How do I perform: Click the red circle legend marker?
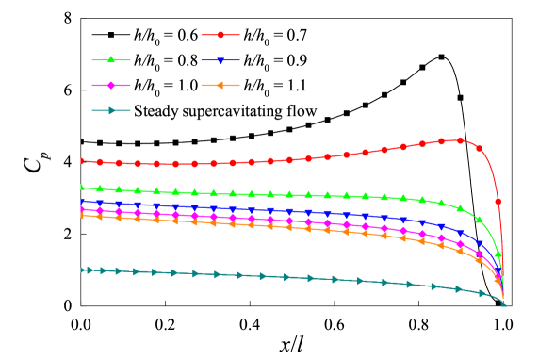(220, 35)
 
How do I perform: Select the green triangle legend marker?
(111, 60)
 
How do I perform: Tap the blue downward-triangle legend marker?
(220, 60)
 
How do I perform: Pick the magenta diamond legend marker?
(111, 86)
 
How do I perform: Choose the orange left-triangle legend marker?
(220, 86)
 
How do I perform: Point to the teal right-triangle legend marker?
(111, 111)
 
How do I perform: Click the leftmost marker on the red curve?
(82, 161)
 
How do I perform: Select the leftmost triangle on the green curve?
(82, 188)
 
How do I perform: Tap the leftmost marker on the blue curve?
(82, 202)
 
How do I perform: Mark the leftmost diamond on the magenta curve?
(82, 209)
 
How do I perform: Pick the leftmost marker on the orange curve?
(82, 215)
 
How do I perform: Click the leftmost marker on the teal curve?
(82, 270)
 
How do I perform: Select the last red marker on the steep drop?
(498, 202)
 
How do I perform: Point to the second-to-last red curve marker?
(480, 148)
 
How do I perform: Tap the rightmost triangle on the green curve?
(498, 254)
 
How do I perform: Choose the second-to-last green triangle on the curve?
(480, 220)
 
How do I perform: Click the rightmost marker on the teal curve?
(504, 304)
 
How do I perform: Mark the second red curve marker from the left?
(100, 162)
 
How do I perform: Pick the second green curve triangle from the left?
(100, 189)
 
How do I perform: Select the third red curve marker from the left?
(119, 163)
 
